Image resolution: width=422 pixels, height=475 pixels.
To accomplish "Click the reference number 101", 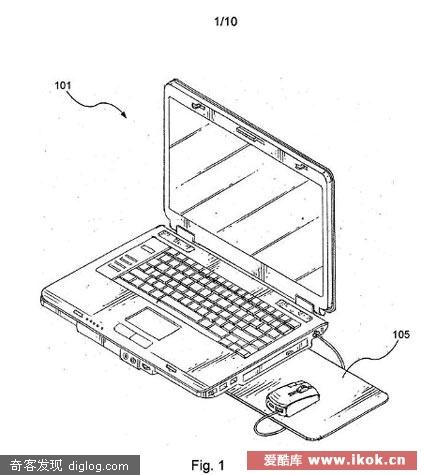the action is (63, 86).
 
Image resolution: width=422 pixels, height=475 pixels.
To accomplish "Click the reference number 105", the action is (401, 334).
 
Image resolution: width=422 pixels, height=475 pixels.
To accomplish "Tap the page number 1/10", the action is (226, 22).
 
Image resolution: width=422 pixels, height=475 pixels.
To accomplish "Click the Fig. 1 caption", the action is (208, 465).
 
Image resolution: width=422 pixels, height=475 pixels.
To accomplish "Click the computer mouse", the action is (293, 398).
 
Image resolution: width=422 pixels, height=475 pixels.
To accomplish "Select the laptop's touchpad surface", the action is (152, 322).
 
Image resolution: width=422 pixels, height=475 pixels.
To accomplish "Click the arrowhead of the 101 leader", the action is (124, 114).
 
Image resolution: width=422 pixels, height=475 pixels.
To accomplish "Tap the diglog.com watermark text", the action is (99, 466).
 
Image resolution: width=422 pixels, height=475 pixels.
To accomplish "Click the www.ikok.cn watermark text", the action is (357, 460).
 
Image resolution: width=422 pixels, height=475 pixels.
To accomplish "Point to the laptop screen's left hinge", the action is (184, 232).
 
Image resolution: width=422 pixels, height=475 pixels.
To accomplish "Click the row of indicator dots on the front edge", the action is (94, 324).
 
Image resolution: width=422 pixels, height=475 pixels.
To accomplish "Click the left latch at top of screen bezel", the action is (197, 106).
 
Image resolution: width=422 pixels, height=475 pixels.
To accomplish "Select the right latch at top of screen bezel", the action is (301, 166).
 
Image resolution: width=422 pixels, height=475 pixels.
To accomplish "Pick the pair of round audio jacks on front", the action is (129, 358).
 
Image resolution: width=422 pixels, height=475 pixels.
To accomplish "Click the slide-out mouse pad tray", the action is (320, 393).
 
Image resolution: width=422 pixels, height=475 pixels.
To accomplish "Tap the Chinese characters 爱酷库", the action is (283, 460).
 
